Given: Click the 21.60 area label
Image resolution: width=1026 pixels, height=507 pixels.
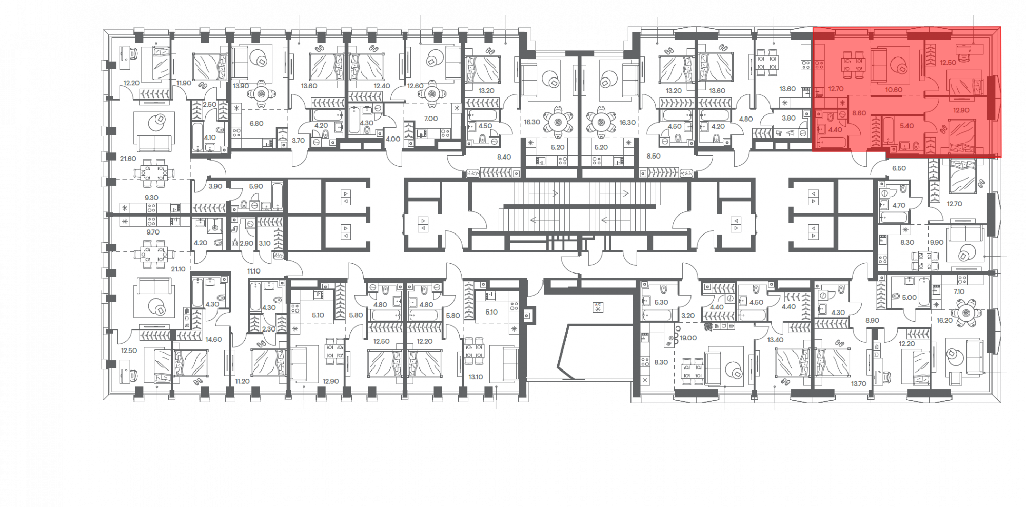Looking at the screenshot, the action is [x=128, y=159].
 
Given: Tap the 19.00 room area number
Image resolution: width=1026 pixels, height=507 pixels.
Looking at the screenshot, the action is [x=688, y=338].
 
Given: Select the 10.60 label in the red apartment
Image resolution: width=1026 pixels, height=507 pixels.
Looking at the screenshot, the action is [x=894, y=90].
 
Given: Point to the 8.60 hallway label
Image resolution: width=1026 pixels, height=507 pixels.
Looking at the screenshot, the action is [x=859, y=113].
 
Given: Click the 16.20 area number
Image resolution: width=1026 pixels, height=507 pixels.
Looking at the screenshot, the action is [x=944, y=320].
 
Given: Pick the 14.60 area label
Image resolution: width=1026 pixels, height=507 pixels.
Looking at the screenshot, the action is [x=213, y=339].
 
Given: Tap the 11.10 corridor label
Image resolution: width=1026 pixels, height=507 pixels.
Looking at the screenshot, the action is [x=253, y=271].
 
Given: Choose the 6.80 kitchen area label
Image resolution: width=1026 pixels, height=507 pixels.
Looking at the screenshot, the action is [x=256, y=123].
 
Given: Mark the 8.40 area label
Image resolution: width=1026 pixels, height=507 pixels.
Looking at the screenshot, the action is [x=504, y=157].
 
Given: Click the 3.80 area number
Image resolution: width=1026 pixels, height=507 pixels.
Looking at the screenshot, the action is [x=788, y=118].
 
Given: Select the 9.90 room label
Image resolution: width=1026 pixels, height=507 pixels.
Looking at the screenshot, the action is [x=937, y=242].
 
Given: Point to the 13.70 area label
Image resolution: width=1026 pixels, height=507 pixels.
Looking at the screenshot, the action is [x=858, y=383].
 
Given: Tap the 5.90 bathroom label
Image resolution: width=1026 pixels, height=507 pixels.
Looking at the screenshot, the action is [x=256, y=186].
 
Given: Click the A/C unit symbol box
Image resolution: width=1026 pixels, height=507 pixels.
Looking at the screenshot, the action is [x=598, y=307].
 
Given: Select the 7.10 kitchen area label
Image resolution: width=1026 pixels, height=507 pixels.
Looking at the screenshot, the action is [x=959, y=291].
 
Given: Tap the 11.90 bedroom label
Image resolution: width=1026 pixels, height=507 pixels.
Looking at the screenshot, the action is [x=184, y=83].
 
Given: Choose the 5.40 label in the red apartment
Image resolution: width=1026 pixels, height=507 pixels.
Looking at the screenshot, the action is [x=907, y=126].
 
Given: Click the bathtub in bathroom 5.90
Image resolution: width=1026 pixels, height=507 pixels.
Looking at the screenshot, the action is [x=277, y=196].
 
